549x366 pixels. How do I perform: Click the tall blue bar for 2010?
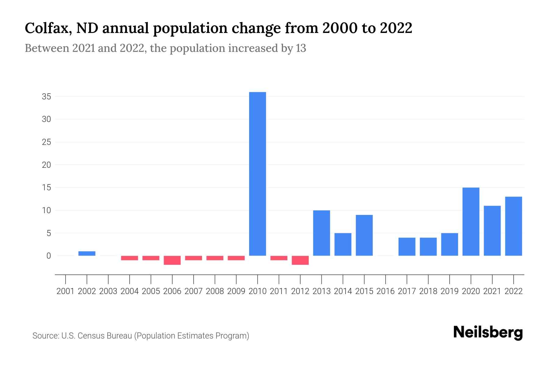(x=257, y=174)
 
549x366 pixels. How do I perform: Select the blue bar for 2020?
(x=471, y=221)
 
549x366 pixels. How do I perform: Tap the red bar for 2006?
(x=172, y=260)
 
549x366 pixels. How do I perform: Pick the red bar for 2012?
(x=300, y=260)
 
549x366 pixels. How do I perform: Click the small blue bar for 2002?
(x=87, y=253)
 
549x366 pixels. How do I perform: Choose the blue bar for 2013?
(x=321, y=233)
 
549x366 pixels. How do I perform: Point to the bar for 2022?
(x=513, y=226)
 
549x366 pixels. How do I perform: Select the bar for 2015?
(x=364, y=235)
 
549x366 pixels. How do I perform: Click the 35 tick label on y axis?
(x=46, y=97)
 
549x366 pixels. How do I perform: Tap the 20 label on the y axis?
(x=46, y=165)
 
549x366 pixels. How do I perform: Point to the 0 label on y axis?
(x=48, y=256)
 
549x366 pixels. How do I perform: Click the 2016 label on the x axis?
(x=386, y=291)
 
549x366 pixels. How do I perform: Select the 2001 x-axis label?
(x=66, y=291)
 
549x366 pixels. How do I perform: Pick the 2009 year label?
(x=236, y=291)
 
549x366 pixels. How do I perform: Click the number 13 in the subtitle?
(x=301, y=48)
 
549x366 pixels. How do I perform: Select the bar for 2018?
(x=428, y=246)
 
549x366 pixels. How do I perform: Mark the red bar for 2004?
(x=130, y=258)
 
